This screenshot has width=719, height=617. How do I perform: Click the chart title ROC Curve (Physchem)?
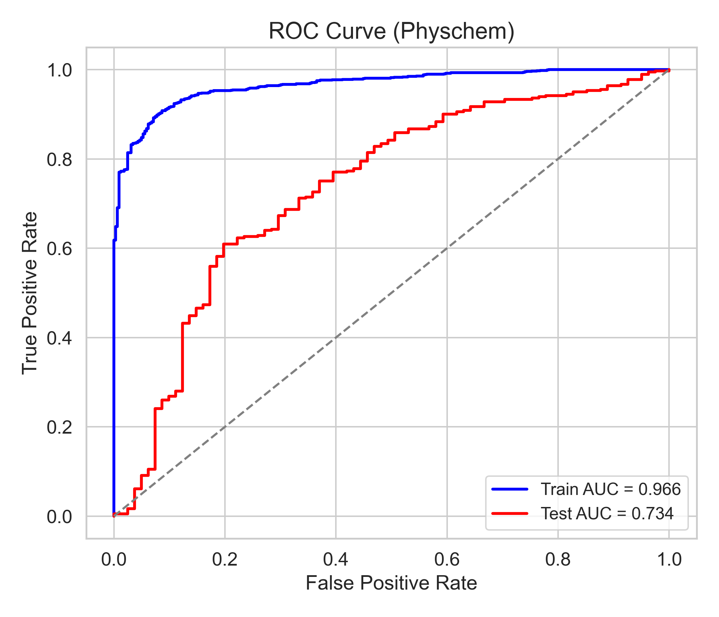[x=391, y=31]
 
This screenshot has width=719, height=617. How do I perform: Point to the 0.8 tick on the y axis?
[x=59, y=159]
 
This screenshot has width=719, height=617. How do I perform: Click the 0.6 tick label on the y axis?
[x=59, y=249]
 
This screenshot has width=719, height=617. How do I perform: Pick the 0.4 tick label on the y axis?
[x=59, y=338]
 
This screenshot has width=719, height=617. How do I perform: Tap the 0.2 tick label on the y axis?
[x=59, y=427]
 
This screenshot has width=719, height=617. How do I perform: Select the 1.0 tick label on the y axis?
[x=59, y=71]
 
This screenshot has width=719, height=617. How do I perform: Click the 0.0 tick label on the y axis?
[x=59, y=517]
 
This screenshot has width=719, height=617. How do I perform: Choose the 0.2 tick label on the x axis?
[x=225, y=560]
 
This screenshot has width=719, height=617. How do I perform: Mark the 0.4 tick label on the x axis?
[x=336, y=560]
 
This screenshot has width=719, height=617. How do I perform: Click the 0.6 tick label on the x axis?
[x=447, y=560]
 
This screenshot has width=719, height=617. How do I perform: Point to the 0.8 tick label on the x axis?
[x=558, y=560]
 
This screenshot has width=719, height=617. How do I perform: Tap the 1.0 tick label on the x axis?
[x=669, y=560]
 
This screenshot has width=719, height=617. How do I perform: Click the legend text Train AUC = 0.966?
[x=611, y=489]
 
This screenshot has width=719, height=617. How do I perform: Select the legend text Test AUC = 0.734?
[x=607, y=513]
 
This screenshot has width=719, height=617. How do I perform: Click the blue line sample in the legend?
[x=510, y=489]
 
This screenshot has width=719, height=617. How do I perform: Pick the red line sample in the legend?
[x=510, y=513]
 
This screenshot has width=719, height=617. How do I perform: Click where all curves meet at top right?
[x=669, y=70]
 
